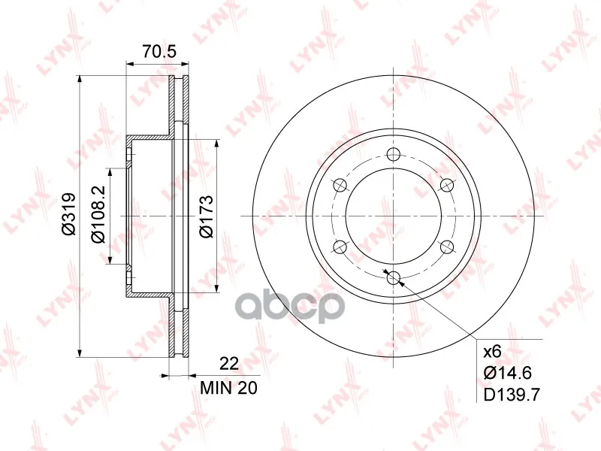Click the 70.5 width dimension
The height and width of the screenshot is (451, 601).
pos(159,51)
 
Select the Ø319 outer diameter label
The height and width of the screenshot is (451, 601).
pos(70,214)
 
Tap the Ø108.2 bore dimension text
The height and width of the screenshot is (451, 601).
pos(98,216)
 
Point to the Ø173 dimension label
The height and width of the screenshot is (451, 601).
pos(206,216)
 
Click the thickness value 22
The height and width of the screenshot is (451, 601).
pos(229,363)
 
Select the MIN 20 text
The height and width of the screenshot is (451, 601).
pos(229,388)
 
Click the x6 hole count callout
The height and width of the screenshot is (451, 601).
pos(493,351)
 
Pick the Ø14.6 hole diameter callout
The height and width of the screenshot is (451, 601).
pos(508,373)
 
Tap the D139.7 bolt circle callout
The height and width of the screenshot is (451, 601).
pos(512,394)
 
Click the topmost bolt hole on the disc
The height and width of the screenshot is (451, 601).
pos(393,155)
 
